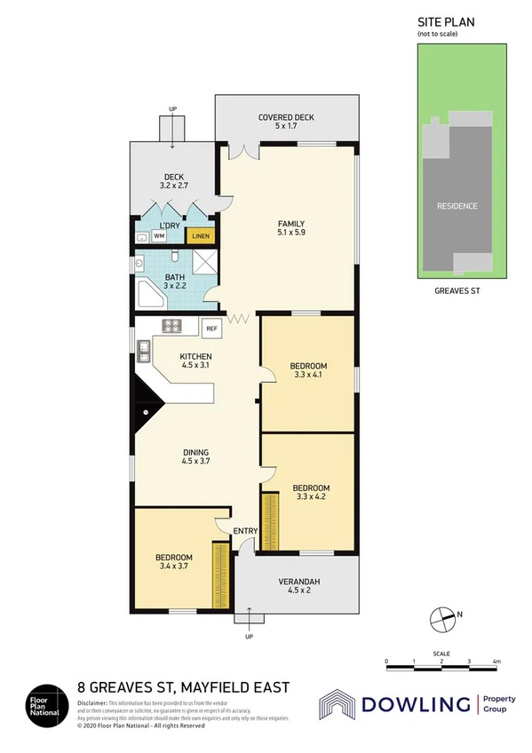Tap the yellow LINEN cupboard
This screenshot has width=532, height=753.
pos(200,236)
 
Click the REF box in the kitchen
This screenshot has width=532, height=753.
pos(211,329)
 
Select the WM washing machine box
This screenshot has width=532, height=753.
pos(159,236)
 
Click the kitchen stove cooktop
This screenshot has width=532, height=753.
pos(172,327)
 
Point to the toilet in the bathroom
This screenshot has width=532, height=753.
pos(175,258)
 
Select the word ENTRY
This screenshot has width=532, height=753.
pos(245,531)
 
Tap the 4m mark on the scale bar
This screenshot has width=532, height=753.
pos(496,662)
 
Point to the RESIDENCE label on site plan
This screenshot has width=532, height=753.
pos(457,206)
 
